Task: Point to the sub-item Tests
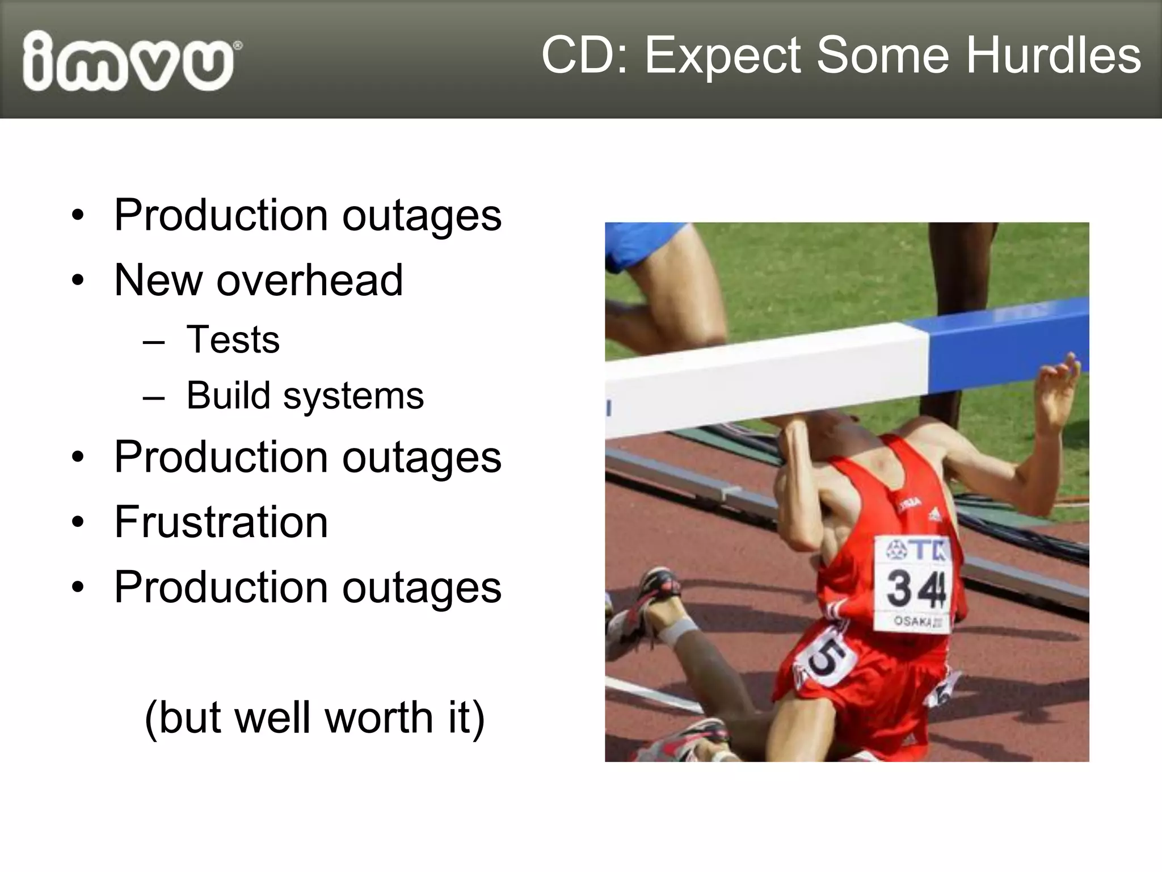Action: pos(233,339)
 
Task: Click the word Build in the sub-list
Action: pos(228,395)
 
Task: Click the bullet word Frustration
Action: pos(221,522)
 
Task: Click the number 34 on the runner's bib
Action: pos(915,588)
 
